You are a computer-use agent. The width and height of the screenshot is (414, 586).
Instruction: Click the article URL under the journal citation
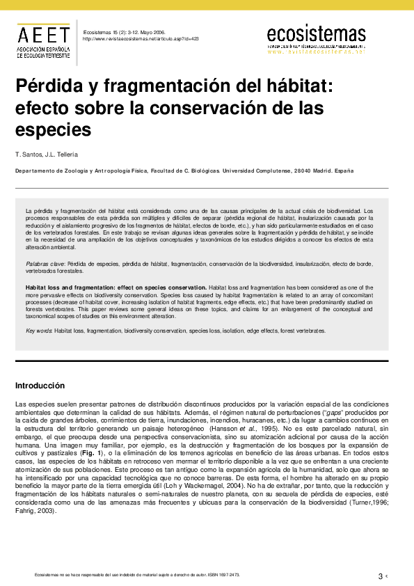(x=140, y=39)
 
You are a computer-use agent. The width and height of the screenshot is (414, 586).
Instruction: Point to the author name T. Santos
(x=30, y=153)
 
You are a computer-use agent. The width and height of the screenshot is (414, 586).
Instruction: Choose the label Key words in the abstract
(x=39, y=331)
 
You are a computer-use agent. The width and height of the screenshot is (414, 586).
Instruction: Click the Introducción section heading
(x=40, y=386)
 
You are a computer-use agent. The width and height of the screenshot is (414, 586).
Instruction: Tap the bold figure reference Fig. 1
(x=90, y=453)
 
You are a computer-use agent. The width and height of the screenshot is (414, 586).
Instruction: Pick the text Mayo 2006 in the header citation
(x=154, y=32)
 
